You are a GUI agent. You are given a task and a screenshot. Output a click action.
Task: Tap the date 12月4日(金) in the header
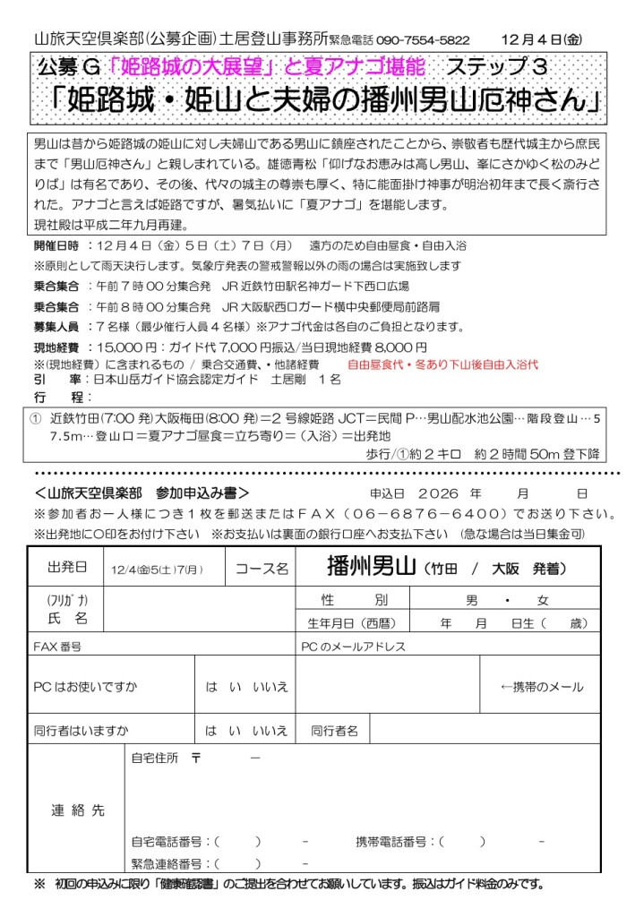[x=542, y=39]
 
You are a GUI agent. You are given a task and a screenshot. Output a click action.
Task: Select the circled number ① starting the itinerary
[x=36, y=417]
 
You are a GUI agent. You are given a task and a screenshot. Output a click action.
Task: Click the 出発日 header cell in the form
[x=68, y=568]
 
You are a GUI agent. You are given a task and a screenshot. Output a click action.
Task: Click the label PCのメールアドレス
[x=354, y=646]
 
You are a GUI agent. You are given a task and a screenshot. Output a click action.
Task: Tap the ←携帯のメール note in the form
[x=541, y=687]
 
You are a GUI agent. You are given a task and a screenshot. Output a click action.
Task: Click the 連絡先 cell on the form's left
[x=77, y=810]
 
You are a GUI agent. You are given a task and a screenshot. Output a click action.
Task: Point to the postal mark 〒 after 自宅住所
[x=195, y=758]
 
